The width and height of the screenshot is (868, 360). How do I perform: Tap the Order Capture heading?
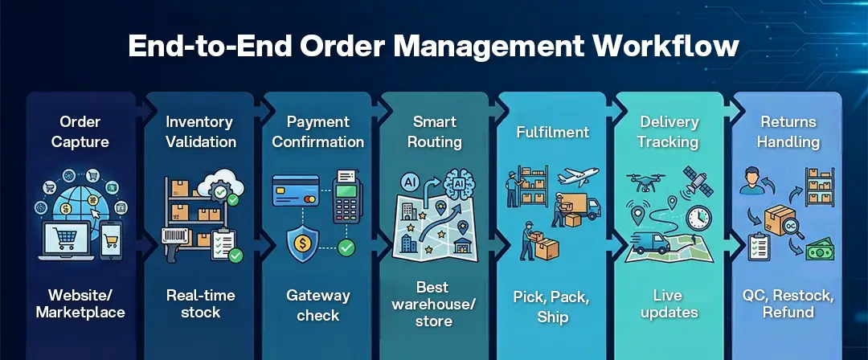[x=80, y=132]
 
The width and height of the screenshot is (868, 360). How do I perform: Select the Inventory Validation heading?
[x=199, y=132]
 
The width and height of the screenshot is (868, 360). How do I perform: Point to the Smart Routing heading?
[x=435, y=132]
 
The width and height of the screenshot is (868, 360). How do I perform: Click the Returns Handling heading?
[x=788, y=132]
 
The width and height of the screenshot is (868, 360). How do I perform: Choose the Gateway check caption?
[x=317, y=305]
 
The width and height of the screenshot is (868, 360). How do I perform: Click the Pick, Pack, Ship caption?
[x=552, y=307]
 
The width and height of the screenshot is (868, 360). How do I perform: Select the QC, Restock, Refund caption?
[x=788, y=303]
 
